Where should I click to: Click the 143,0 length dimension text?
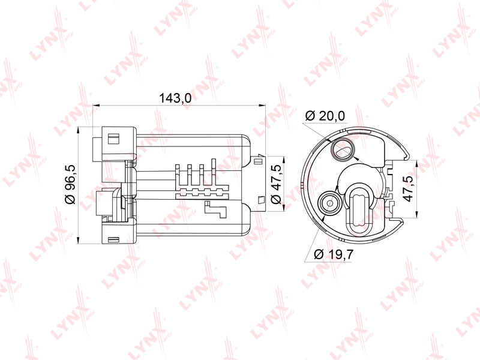coord(175,98)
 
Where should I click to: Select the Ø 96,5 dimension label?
coord(70,184)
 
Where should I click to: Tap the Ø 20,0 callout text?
coord(325,116)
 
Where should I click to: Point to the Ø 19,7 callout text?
coord(334,254)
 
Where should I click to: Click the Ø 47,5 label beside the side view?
coord(276,184)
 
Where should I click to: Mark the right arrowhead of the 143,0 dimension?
coord(262,106)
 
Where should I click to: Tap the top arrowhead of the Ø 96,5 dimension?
coord(79,130)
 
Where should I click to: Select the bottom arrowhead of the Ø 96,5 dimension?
coord(79,240)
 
